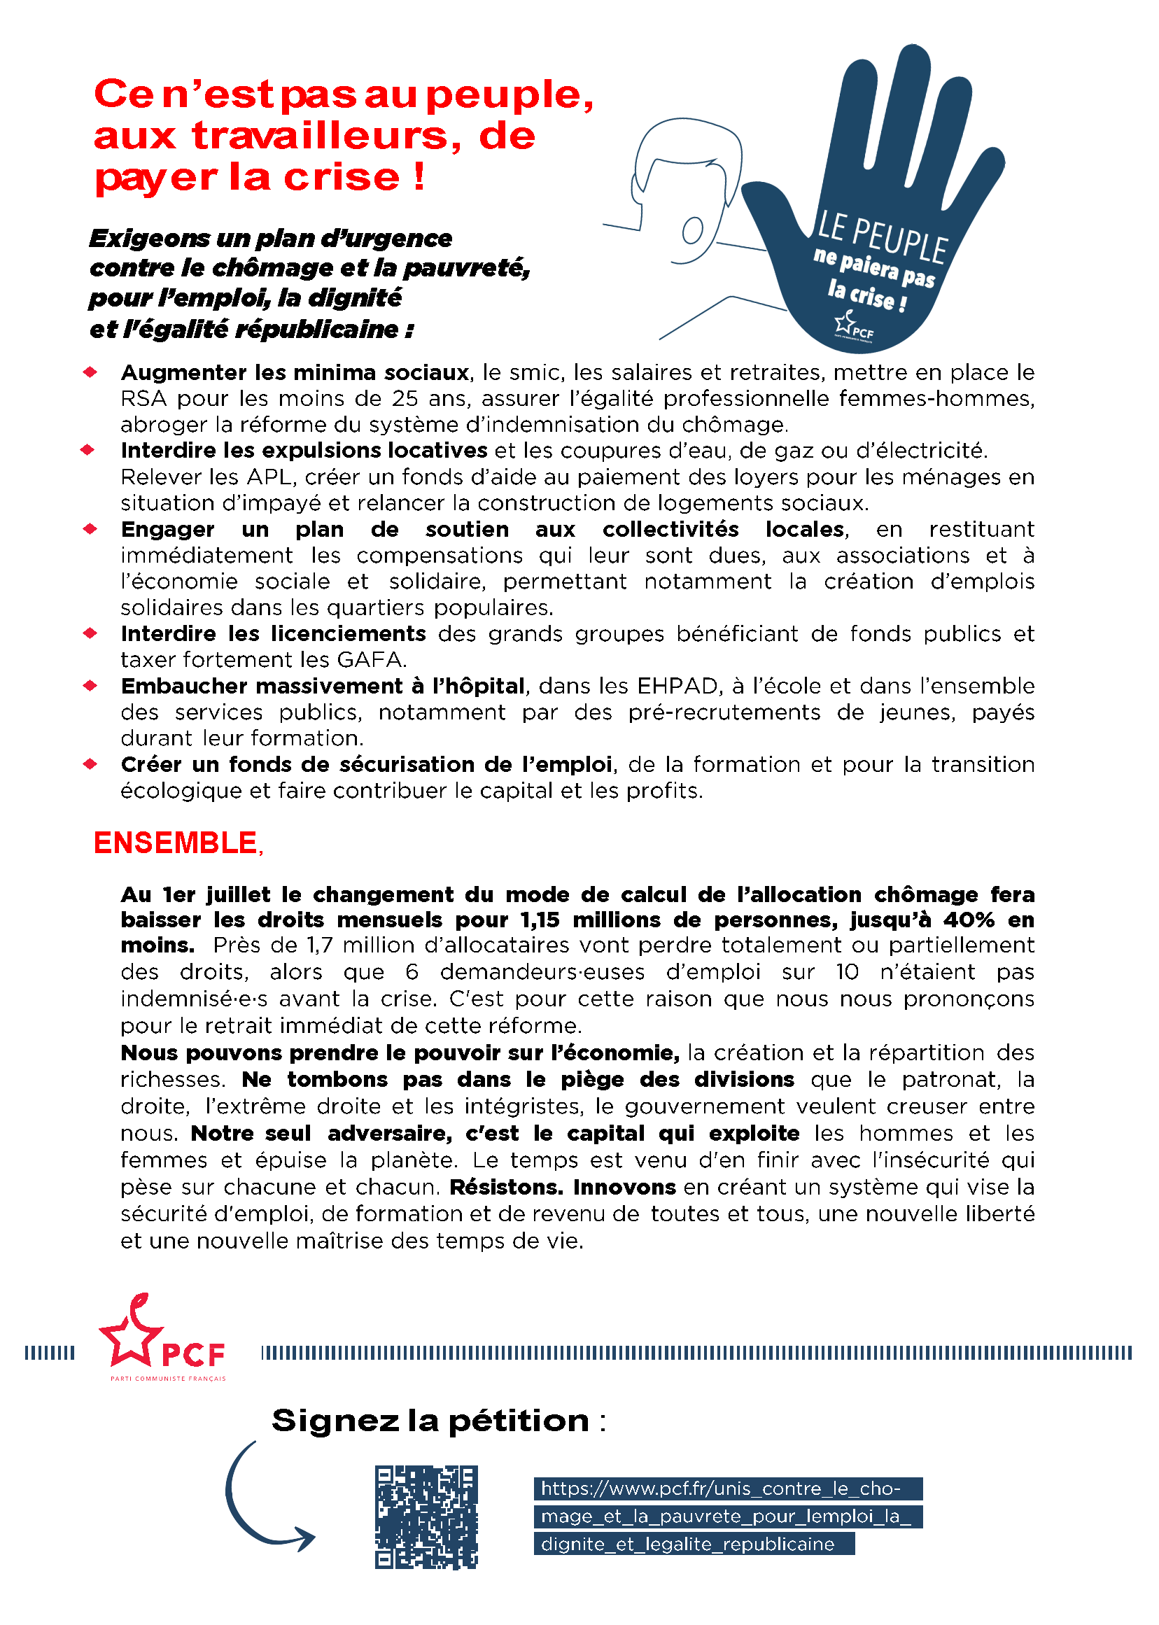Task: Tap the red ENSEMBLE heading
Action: point(176,843)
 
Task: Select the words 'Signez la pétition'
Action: point(430,1421)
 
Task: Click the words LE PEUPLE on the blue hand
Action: point(882,237)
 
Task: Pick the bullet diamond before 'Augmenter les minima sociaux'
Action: point(90,372)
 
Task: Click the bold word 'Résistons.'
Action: point(507,1187)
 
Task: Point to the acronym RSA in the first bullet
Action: point(143,398)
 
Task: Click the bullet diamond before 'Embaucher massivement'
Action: point(90,686)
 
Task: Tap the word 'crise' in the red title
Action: point(342,177)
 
